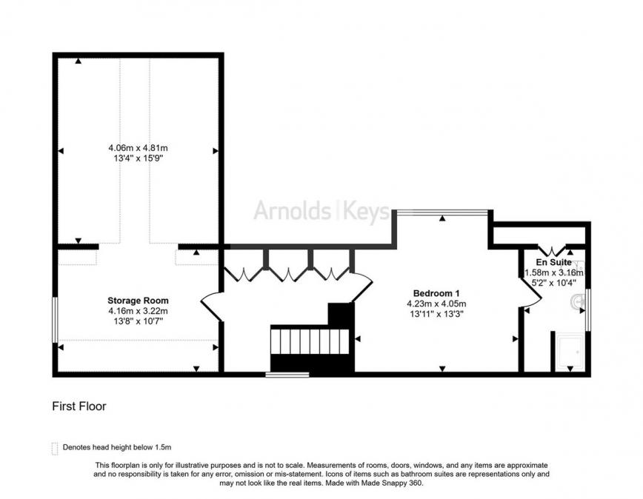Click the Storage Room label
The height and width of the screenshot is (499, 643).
tap(138, 301)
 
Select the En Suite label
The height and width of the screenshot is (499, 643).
tap(554, 262)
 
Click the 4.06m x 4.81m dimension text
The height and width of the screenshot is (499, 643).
tap(138, 147)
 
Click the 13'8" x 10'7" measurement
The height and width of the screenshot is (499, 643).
tap(138, 321)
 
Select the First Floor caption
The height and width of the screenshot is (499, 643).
tap(80, 406)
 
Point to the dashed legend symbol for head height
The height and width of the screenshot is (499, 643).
tap(53, 448)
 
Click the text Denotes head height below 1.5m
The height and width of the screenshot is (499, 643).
tap(117, 448)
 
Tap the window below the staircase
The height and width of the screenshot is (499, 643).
tap(287, 375)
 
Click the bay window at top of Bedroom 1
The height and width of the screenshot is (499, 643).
tap(442, 212)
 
